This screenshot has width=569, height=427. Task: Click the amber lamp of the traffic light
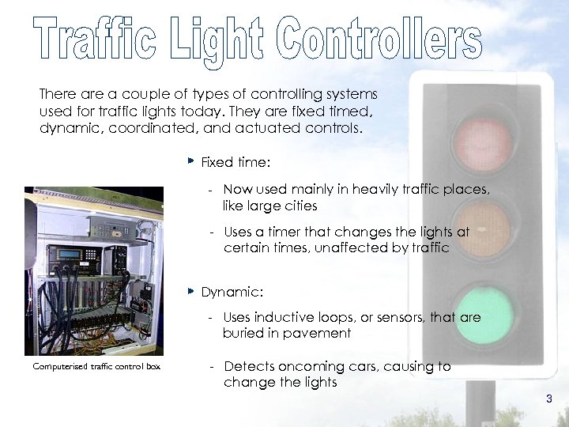(482, 229)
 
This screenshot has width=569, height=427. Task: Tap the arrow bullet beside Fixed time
(190, 161)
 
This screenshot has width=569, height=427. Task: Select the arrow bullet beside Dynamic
(190, 291)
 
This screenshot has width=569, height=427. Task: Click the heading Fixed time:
(236, 162)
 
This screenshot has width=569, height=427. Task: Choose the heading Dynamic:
(232, 292)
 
